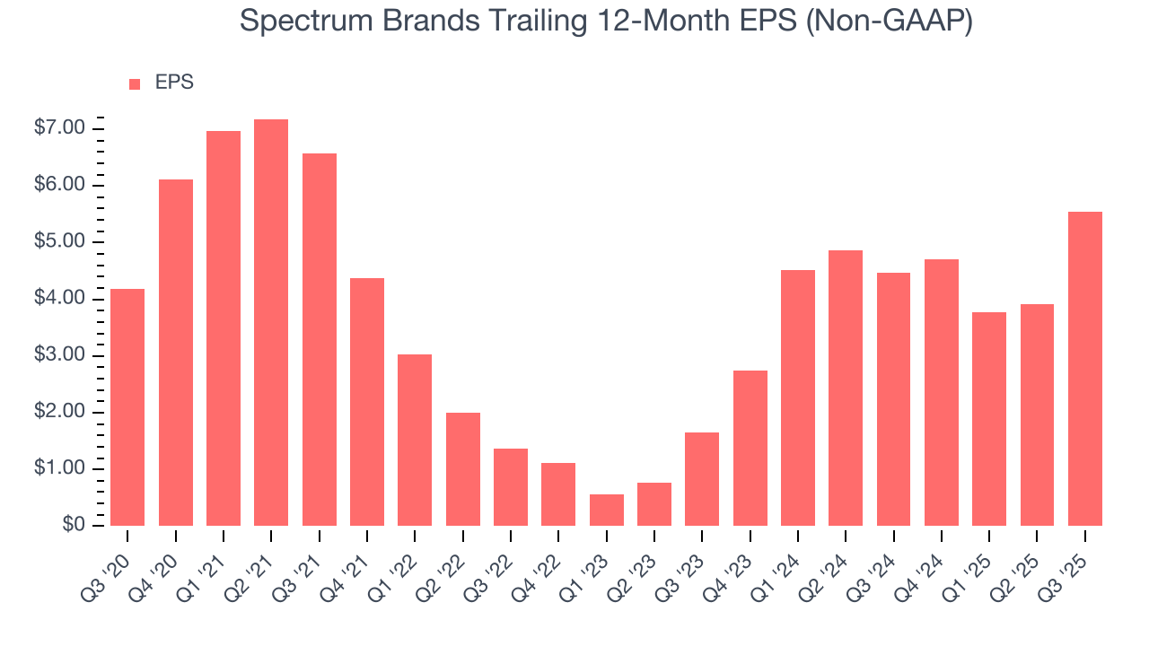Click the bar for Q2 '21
[271, 322]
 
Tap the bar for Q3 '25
[1085, 369]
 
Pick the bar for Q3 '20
[127, 407]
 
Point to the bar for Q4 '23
[750, 448]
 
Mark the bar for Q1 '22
[415, 440]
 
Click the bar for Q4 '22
[558, 494]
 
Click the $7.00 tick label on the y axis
[60, 128]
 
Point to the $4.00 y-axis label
[60, 299]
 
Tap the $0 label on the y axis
[73, 526]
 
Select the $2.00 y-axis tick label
[60, 413]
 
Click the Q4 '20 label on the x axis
[162, 563]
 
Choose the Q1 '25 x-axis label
[975, 563]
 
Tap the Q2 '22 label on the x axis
[449, 563]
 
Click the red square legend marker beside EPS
[135, 83]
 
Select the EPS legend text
[174, 83]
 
